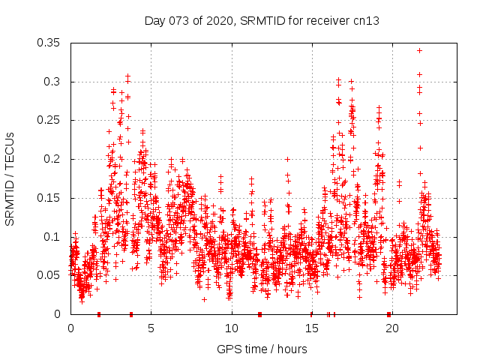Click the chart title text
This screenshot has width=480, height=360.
pos(261,20)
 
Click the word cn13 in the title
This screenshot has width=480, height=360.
pos(367,20)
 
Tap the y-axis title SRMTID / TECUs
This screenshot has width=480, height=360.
pos(10,178)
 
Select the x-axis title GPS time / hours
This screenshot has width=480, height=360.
pos(261,349)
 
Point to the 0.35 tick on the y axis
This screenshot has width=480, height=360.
pos(49,43)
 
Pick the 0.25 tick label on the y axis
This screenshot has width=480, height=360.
pos(49,120)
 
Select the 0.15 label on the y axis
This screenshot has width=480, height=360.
pos(49,198)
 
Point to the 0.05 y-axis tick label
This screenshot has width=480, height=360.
pos(49,275)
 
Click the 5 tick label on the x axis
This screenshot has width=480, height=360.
pos(151,328)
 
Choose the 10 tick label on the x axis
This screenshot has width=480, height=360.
pos(231,328)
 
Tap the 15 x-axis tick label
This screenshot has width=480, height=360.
pos(311,328)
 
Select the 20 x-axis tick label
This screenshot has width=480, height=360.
pos(391,328)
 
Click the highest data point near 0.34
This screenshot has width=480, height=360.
pos(419,50)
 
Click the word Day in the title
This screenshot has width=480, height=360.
pos(154,20)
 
